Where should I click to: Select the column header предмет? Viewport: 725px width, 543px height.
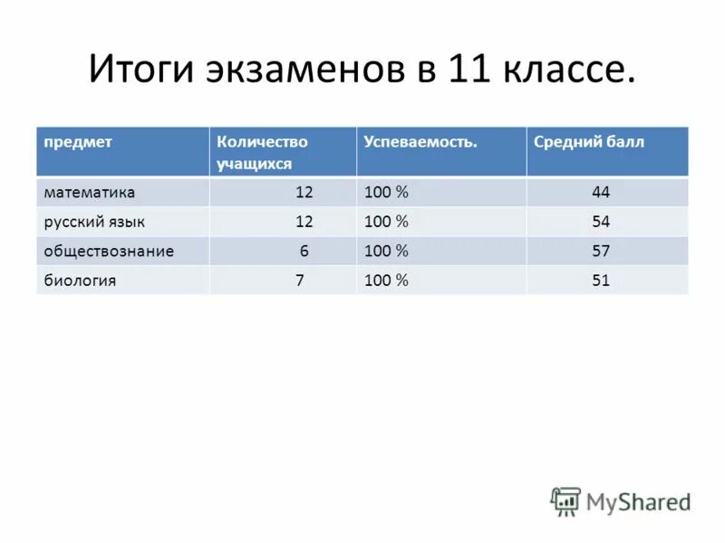pos(75,142)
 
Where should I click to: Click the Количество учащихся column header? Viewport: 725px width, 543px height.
pos(262,152)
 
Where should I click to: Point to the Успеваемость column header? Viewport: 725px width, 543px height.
pos(420,142)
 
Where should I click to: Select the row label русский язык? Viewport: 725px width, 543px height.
pos(94,222)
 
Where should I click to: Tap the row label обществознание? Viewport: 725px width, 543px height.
pos(109,251)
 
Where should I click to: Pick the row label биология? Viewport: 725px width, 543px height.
pos(80,281)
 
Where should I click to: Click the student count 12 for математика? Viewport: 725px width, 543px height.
pos(304,193)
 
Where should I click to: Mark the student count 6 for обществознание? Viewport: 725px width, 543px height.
pos(304,251)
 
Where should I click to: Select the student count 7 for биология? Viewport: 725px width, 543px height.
pos(299,281)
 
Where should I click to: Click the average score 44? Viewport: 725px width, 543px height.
pos(601,193)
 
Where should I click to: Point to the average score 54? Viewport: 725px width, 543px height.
pos(601,222)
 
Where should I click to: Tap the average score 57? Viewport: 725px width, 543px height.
pos(601,251)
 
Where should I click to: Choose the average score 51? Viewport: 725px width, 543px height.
pos(601,281)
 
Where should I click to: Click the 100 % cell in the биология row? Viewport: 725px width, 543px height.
pos(387,281)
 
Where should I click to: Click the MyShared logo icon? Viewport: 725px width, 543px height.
pos(565,500)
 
